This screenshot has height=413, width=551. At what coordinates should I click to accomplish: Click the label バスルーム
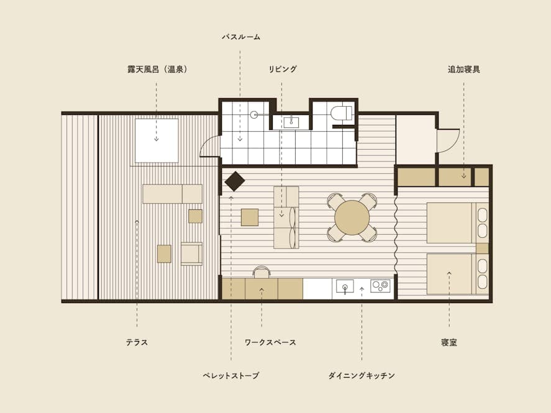(241, 37)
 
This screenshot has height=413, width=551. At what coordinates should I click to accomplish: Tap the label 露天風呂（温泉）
(157, 69)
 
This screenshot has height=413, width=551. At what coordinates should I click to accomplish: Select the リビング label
(283, 69)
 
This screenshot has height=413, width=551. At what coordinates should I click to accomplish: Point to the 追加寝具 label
(464, 69)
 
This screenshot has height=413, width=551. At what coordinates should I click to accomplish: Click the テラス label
(137, 342)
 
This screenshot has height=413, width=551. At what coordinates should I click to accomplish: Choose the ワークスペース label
(270, 342)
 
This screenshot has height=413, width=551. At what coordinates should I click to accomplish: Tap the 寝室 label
(449, 342)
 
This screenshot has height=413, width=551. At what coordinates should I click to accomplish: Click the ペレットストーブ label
(231, 375)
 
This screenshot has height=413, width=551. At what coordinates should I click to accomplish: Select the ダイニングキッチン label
(362, 375)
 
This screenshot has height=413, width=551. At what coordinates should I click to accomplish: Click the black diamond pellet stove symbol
(235, 181)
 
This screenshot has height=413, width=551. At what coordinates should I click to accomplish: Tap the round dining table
(352, 217)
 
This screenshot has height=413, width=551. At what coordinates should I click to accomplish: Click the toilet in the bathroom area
(341, 113)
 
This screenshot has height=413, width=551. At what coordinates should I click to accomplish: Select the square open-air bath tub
(157, 140)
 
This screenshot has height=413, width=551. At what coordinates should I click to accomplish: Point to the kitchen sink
(345, 286)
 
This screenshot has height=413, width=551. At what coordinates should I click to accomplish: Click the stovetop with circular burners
(380, 286)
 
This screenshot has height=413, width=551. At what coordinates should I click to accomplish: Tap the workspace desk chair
(262, 272)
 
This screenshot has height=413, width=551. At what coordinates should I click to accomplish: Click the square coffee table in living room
(250, 217)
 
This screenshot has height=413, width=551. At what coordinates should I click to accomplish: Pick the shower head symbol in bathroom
(254, 114)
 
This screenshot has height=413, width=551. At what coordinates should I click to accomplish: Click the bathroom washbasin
(291, 122)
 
